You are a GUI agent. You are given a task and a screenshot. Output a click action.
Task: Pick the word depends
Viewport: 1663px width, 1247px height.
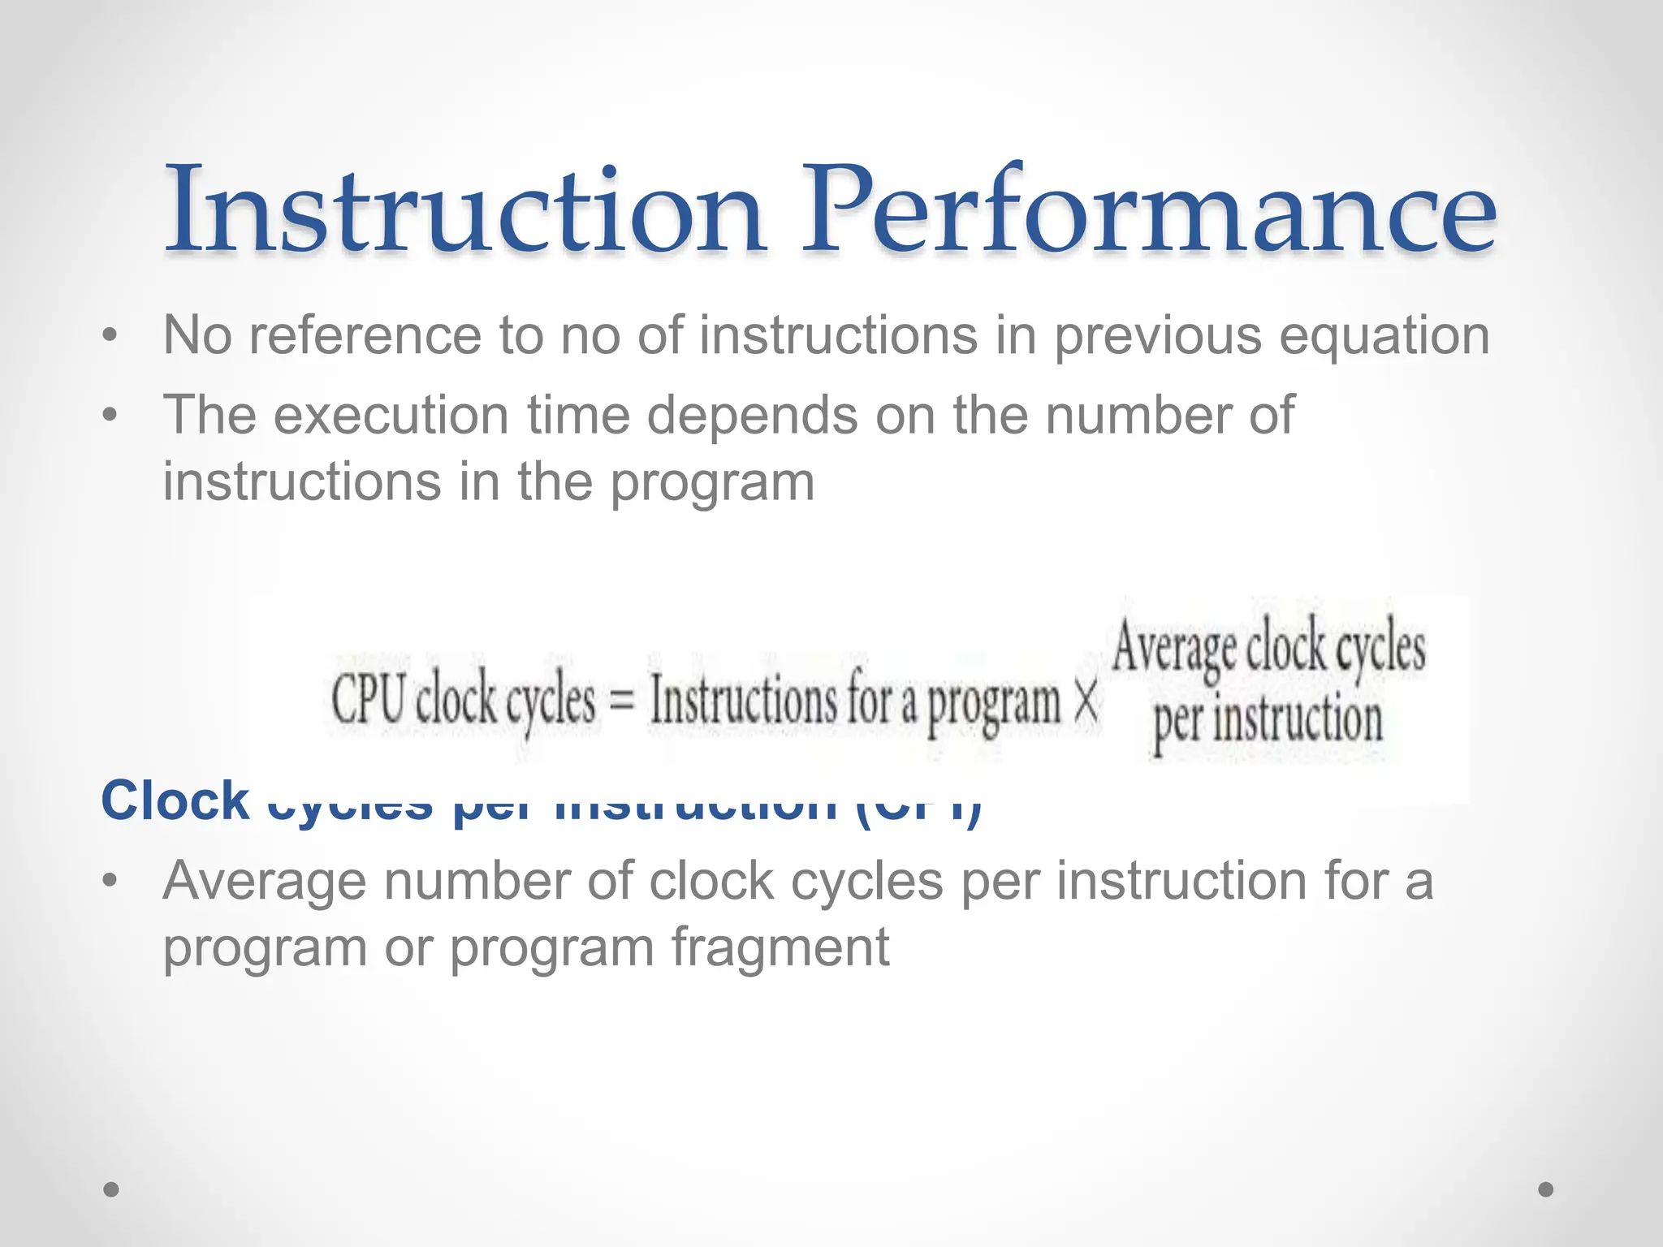752,416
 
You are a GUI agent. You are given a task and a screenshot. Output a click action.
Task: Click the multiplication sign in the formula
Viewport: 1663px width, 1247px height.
1086,701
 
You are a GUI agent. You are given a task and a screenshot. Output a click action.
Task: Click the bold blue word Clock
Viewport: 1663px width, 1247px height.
175,800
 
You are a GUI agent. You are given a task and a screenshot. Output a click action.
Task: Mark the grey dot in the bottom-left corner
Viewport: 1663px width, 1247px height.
111,1189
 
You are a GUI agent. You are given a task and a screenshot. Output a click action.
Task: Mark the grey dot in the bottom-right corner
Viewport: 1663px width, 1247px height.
1546,1189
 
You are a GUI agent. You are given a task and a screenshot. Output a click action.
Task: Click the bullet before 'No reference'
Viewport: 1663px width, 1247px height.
110,336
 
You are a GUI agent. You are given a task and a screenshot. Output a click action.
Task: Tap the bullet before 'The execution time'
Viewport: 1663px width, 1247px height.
110,416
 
